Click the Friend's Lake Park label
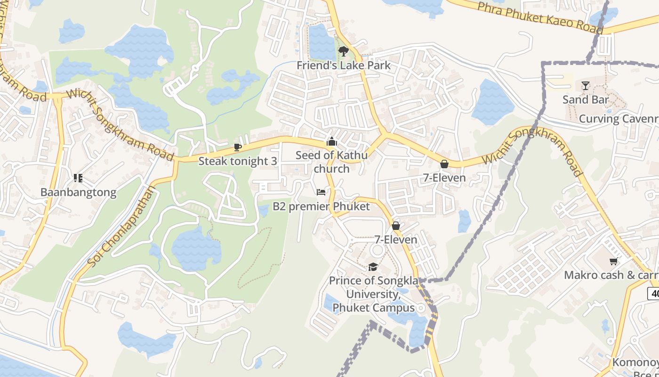(344, 65)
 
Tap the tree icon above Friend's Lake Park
(344, 51)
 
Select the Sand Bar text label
(586, 99)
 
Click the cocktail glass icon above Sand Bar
(585, 86)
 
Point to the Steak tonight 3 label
(238, 161)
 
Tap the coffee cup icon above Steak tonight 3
(238, 148)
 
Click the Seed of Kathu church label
(332, 162)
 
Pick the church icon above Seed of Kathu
(332, 141)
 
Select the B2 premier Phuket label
(321, 206)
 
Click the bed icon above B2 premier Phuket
(321, 192)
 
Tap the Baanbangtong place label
(78, 192)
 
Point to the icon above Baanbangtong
(78, 178)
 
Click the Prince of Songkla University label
(373, 294)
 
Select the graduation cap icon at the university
(373, 267)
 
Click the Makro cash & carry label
(611, 275)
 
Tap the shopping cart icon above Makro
(613, 261)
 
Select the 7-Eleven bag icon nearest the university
(396, 226)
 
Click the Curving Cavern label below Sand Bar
(618, 118)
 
